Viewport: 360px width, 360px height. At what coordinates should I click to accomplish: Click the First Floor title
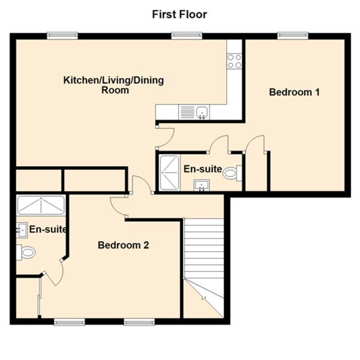[x=179, y=14]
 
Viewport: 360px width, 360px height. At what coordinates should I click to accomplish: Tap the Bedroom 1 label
[x=295, y=92]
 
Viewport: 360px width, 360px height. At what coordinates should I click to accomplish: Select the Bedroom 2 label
[x=123, y=245]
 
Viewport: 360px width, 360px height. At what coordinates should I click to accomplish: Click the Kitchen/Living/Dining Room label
[x=113, y=85]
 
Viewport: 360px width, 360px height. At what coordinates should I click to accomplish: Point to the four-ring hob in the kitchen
[x=235, y=61]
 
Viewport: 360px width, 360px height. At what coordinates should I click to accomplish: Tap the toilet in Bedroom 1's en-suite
[x=232, y=173]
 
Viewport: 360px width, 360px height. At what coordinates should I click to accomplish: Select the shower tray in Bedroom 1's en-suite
[x=170, y=173]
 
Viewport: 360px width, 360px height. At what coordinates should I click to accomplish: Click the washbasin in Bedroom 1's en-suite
[x=202, y=185]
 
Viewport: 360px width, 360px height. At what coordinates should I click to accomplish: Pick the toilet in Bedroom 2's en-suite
[x=26, y=253]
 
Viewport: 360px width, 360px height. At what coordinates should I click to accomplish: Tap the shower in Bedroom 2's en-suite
[x=41, y=205]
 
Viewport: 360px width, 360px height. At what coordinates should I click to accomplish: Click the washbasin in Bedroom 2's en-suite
[x=22, y=230]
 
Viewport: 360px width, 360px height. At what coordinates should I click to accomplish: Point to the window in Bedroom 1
[x=293, y=35]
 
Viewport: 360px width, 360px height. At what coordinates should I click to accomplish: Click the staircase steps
[x=204, y=248]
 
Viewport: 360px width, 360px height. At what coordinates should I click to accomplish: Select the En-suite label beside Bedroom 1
[x=203, y=169]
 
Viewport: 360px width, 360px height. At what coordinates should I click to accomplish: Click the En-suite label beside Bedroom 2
[x=48, y=229]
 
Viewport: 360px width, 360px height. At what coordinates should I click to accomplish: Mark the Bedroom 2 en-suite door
[x=53, y=273]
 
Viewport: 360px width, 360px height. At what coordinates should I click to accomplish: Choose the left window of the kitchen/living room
[x=62, y=35]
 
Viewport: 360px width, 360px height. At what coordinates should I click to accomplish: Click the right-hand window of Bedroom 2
[x=139, y=323]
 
